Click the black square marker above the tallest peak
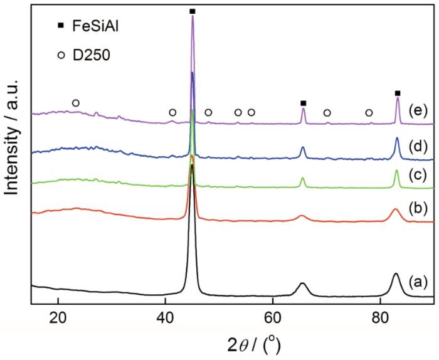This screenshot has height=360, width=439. click(x=193, y=11)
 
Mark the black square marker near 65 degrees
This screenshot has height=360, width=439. click(x=304, y=103)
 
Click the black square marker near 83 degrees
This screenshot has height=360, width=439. click(x=398, y=93)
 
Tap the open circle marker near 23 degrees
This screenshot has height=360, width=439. click(x=76, y=103)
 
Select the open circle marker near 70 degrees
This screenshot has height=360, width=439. click(x=327, y=113)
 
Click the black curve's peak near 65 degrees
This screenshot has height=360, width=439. click(x=302, y=283)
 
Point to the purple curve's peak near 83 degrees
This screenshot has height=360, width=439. click(x=398, y=98)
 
